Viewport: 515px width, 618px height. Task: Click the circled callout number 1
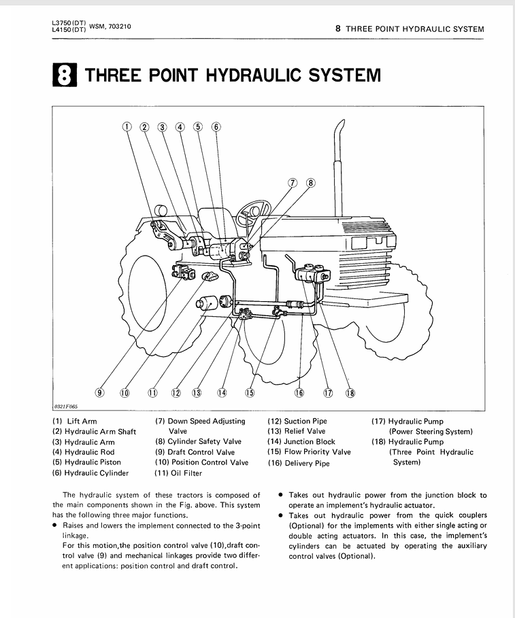click(x=127, y=126)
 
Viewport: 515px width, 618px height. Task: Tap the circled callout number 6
click(x=216, y=126)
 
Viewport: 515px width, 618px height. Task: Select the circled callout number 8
click(x=311, y=182)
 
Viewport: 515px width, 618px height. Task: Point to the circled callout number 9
click(x=99, y=392)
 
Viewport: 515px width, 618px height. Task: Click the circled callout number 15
click(x=250, y=392)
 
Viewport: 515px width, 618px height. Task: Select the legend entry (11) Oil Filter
click(x=179, y=473)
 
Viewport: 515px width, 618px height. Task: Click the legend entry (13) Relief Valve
click(x=297, y=431)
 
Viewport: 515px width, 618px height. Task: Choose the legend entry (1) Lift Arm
click(x=74, y=422)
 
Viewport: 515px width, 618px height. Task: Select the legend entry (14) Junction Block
click(x=301, y=441)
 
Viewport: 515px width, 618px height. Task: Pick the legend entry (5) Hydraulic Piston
click(x=88, y=463)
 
